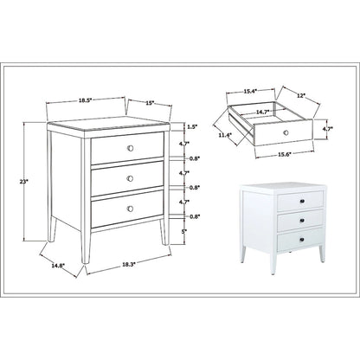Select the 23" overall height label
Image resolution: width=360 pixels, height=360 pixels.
[x=33, y=182]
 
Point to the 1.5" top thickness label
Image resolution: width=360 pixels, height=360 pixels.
[x=192, y=127]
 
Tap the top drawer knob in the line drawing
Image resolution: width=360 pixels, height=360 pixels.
[x=129, y=150]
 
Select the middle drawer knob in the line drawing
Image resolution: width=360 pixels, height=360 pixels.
[x=129, y=179]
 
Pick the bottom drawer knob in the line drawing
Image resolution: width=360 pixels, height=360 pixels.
[x=129, y=209]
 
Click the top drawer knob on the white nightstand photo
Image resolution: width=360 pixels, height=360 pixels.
[x=304, y=202]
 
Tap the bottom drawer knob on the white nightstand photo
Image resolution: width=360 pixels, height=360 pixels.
[x=304, y=238]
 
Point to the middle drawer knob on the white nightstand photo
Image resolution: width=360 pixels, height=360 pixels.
[x=304, y=220]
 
